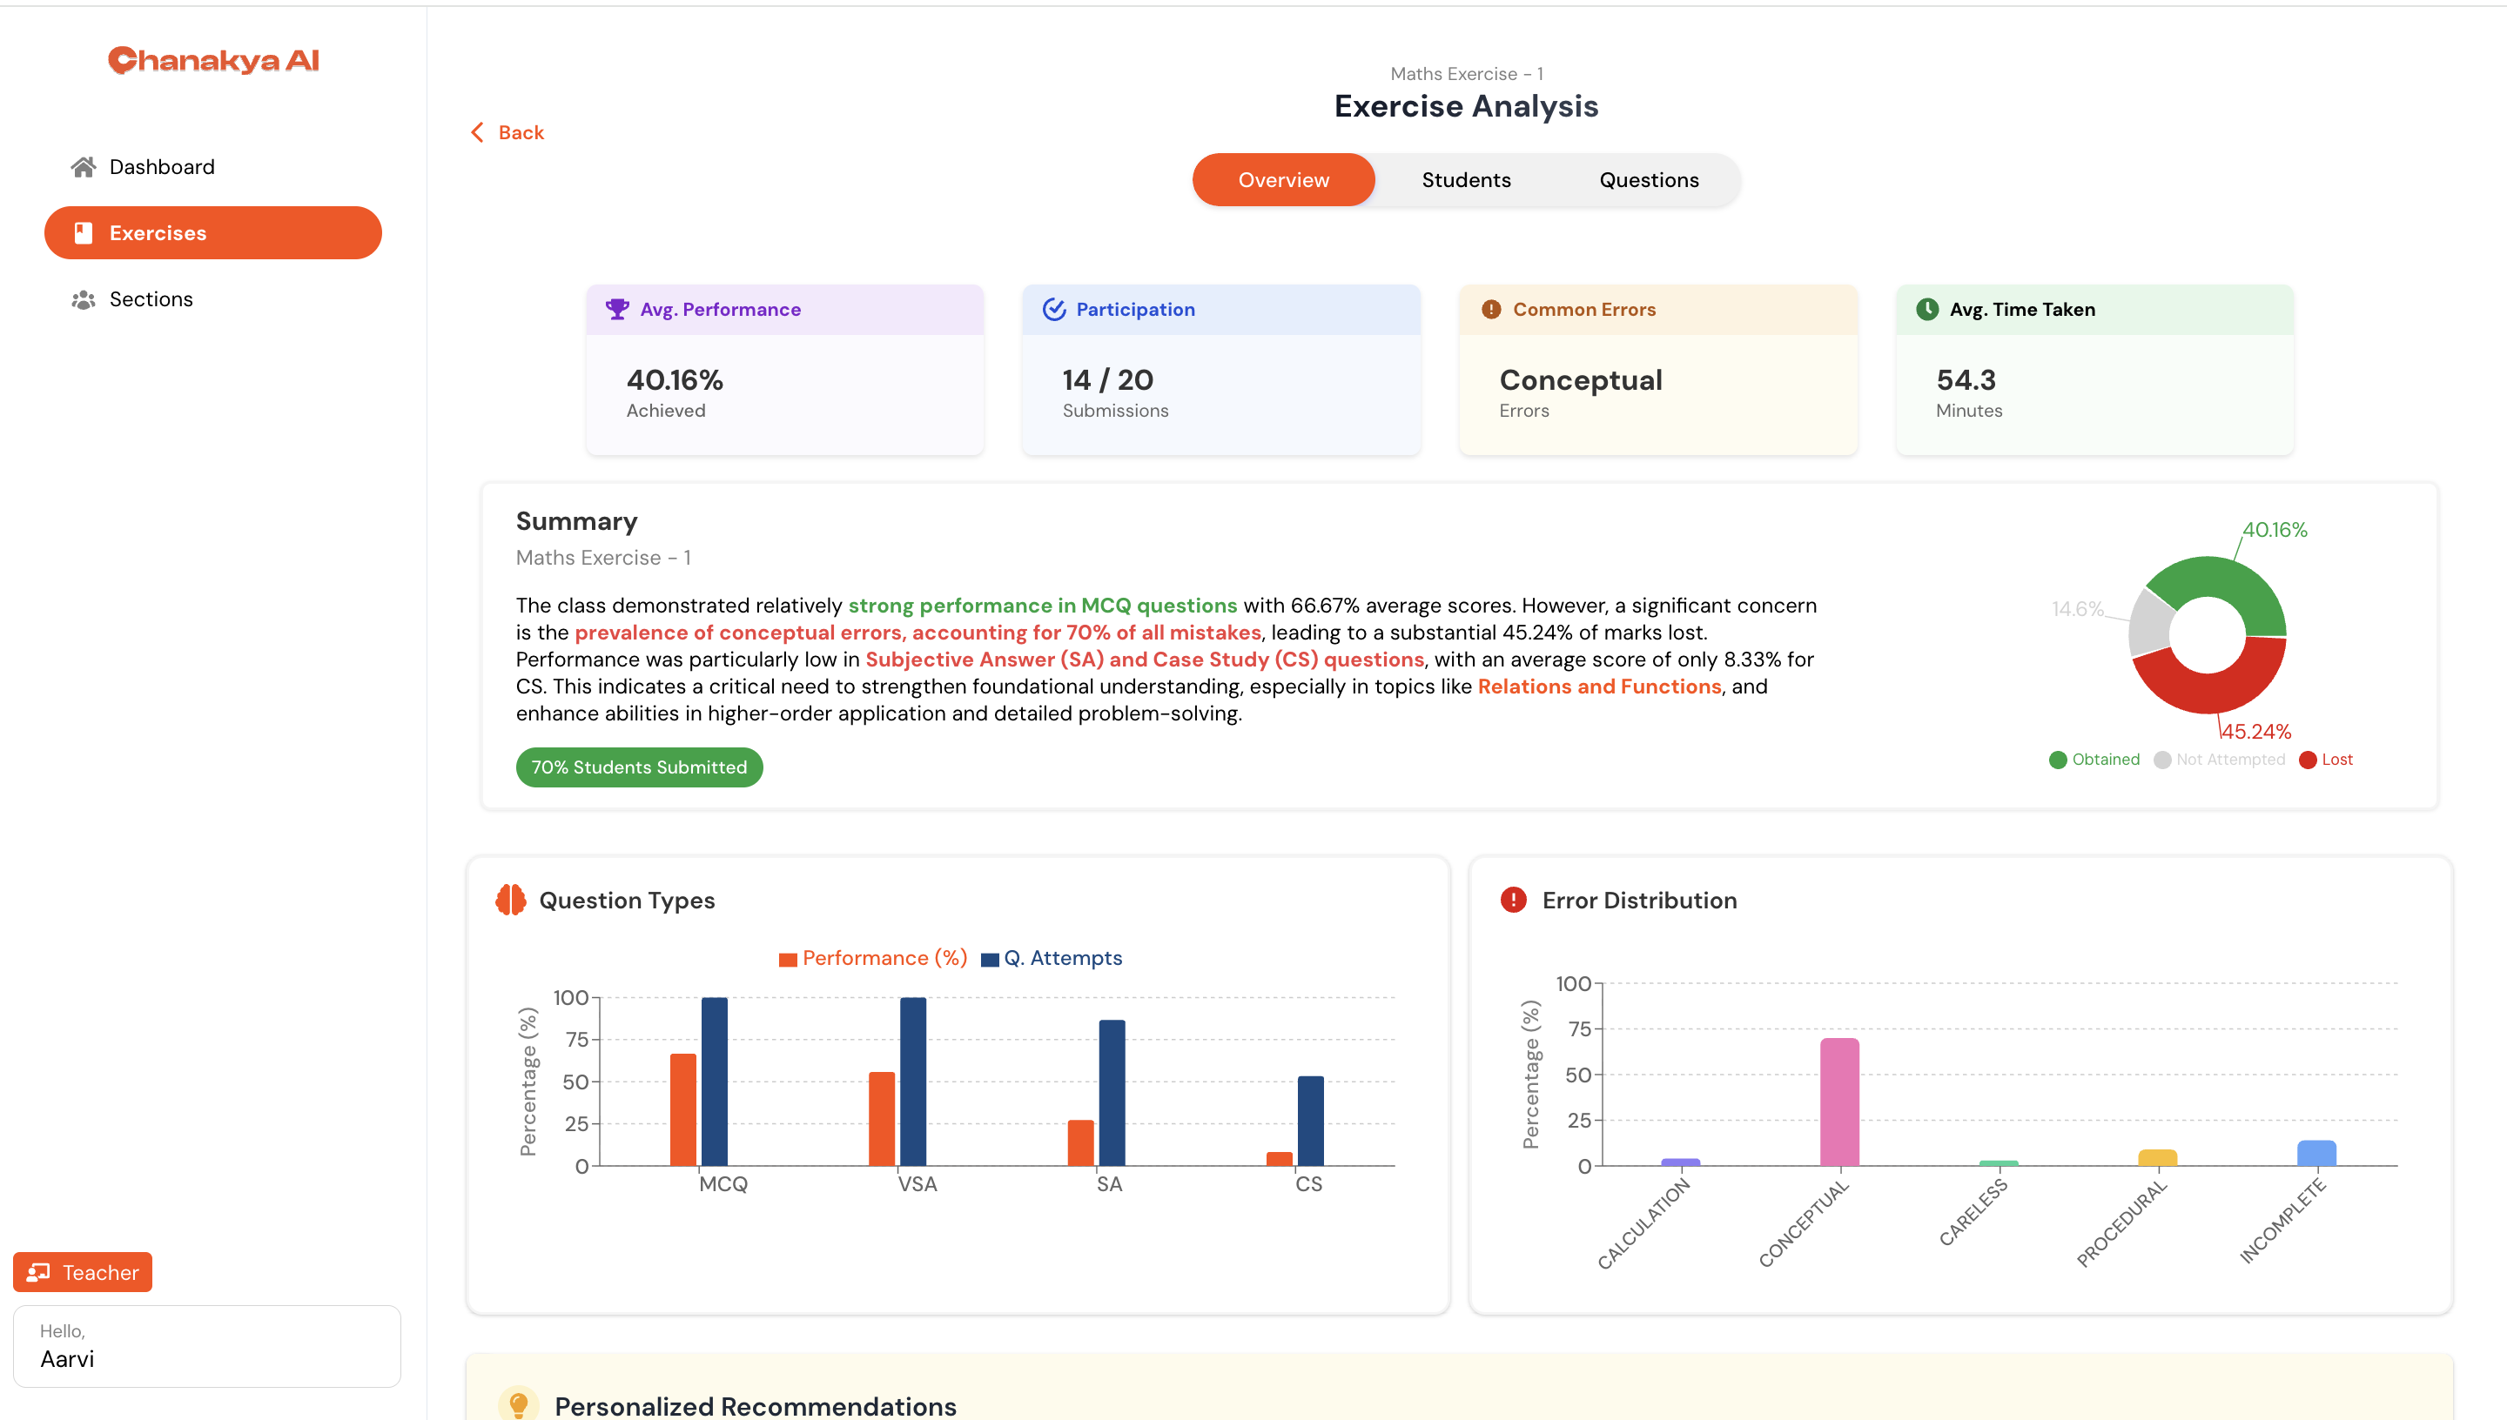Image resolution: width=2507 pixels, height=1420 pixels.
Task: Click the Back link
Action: click(508, 132)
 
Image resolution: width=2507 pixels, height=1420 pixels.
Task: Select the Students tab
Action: click(1466, 180)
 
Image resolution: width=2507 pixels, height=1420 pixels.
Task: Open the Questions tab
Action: click(1649, 180)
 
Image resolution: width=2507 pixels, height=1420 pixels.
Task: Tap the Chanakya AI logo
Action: click(213, 60)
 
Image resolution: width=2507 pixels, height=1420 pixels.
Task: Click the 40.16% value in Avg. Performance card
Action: click(675, 379)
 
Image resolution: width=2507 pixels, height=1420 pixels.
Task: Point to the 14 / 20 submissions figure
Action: click(1108, 379)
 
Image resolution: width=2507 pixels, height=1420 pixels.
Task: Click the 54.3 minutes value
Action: click(1966, 379)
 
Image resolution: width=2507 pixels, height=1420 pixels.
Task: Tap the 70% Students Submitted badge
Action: click(639, 767)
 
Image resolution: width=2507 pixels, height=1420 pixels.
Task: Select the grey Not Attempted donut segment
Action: click(2149, 623)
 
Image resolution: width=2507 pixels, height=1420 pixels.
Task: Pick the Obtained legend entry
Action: click(2094, 760)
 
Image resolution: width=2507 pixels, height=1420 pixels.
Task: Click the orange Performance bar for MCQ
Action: click(682, 1110)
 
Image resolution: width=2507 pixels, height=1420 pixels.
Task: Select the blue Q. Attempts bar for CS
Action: click(1311, 1122)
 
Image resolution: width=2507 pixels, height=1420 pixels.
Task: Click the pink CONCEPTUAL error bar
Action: click(1839, 1102)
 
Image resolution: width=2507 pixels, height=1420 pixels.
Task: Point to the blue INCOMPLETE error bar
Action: click(2316, 1153)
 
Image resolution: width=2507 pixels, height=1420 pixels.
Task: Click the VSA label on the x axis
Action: click(917, 1184)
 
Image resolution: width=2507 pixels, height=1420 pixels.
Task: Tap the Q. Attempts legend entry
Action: click(1052, 959)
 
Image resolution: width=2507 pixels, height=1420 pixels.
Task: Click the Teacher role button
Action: click(83, 1273)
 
